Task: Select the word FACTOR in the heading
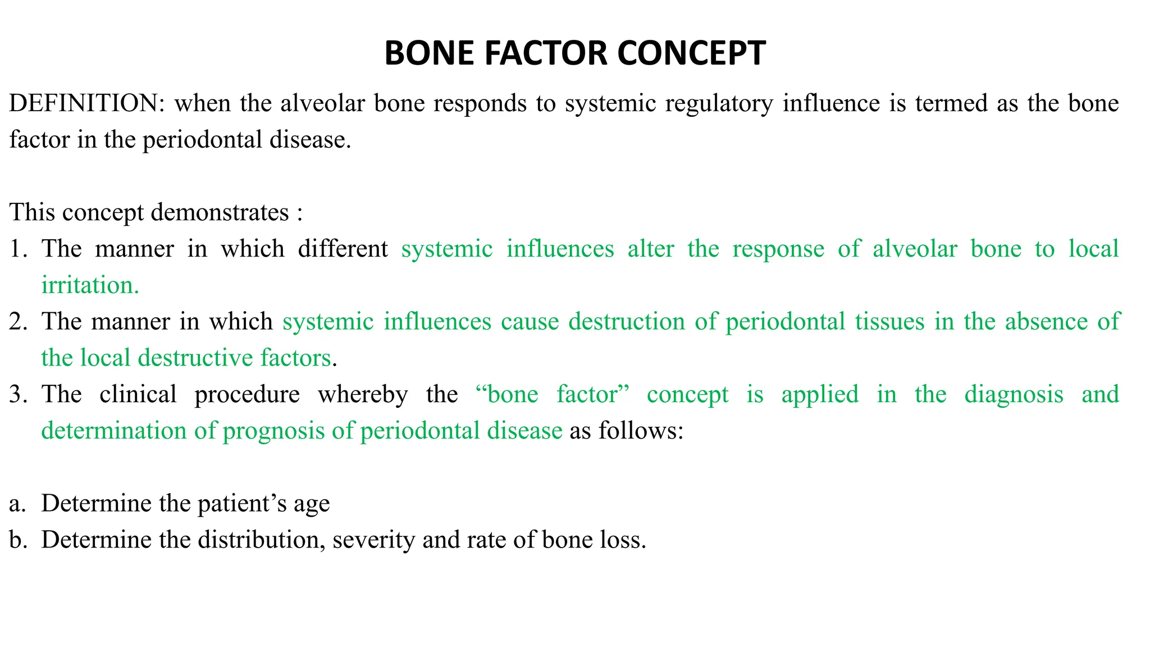(x=546, y=53)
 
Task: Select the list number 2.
(x=17, y=322)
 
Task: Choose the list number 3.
(x=17, y=394)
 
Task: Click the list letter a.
(x=17, y=504)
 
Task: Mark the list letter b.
(x=17, y=540)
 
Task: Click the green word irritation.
(x=90, y=285)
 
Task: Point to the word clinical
(x=138, y=394)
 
